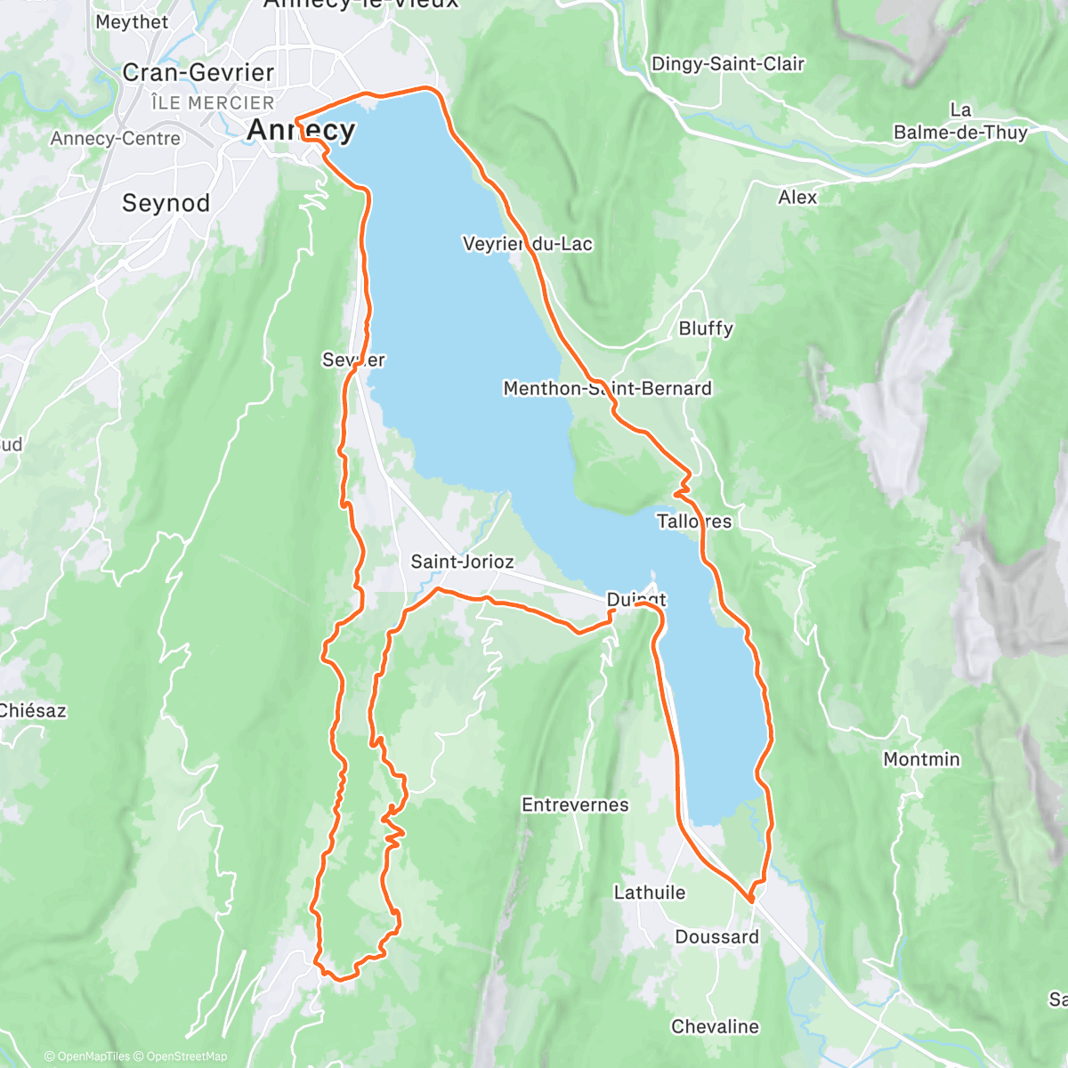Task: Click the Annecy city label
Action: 301,130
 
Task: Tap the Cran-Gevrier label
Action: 198,72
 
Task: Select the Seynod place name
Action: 166,203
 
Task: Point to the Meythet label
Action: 131,21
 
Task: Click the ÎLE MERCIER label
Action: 213,102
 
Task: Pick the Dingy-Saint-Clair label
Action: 727,64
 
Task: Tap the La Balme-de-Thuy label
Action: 960,122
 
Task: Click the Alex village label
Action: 797,197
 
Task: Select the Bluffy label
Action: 706,328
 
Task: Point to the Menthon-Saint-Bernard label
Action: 607,389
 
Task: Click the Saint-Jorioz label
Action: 462,562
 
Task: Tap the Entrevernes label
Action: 575,805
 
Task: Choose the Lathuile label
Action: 650,892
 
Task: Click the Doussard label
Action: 716,936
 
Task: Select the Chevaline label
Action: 715,1026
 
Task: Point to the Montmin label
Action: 921,759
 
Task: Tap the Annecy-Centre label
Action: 115,138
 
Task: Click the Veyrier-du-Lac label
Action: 527,244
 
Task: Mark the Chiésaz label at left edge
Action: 32,710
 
